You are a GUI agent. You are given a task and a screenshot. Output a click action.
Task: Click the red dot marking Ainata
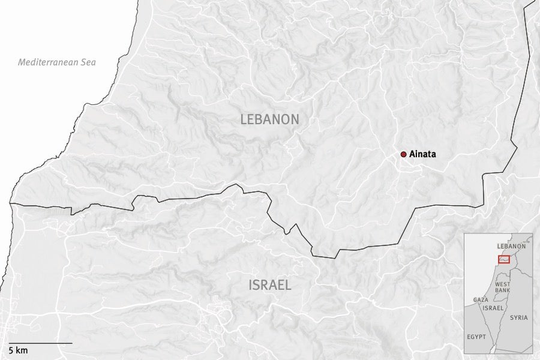(404, 154)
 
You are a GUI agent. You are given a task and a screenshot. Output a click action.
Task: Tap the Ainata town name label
(423, 154)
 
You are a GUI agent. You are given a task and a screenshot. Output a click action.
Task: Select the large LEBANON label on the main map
(269, 119)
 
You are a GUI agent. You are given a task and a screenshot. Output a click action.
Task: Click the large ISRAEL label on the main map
(270, 285)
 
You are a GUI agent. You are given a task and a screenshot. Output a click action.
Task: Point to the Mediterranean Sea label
(57, 62)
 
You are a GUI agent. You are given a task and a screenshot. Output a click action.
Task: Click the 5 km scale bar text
(18, 350)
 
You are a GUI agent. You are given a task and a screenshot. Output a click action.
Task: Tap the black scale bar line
(40, 343)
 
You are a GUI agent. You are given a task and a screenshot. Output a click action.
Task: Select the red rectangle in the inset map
(503, 259)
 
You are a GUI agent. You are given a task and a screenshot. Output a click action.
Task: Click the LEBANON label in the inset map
(511, 246)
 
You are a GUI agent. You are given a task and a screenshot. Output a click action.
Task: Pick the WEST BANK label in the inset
(502, 287)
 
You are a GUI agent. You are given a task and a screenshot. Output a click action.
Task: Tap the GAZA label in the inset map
(481, 299)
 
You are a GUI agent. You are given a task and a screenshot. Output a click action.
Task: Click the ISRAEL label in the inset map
(493, 307)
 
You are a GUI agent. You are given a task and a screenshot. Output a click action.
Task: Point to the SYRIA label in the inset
(519, 317)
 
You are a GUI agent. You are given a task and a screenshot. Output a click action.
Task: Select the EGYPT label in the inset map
(476, 337)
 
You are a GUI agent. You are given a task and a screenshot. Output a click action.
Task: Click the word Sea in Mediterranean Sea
(88, 62)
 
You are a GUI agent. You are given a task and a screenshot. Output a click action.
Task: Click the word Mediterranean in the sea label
(48, 62)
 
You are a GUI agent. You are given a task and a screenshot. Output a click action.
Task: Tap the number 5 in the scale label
(11, 350)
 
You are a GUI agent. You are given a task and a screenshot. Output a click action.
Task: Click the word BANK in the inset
(502, 290)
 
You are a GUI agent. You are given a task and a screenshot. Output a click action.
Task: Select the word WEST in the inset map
(502, 283)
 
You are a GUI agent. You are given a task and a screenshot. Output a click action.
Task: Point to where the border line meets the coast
(11, 204)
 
